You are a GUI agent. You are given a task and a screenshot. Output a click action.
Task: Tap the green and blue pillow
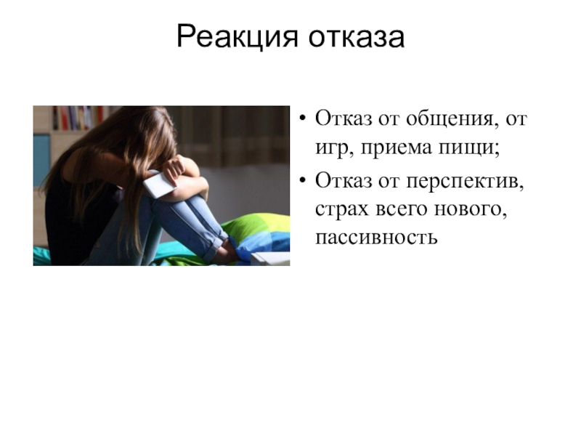258,231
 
